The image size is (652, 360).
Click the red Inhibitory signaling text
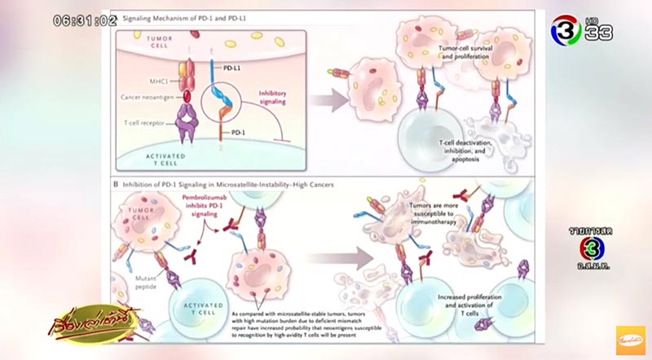click(x=280, y=99)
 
